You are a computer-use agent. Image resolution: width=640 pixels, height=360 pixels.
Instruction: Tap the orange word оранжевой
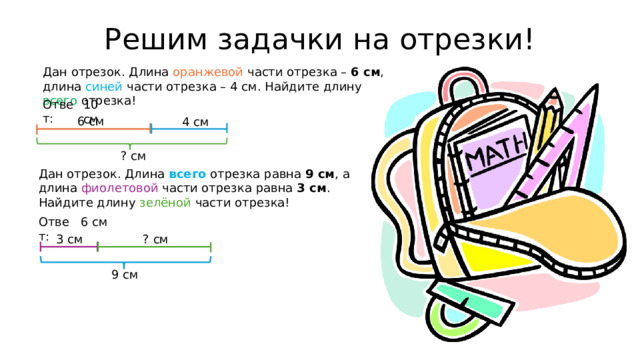207,71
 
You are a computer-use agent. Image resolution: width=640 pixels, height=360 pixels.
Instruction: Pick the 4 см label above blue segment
195,122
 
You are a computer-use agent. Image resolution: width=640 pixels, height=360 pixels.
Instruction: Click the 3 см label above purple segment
70,238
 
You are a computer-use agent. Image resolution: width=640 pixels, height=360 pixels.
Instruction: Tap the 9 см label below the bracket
124,275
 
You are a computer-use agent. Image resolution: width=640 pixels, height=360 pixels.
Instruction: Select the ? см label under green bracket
133,155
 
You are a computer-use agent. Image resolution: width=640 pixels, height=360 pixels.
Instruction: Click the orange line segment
94,129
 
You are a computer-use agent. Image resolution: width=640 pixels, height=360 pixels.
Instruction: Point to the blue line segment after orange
189,129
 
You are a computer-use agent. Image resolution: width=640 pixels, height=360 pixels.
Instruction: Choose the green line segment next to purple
154,246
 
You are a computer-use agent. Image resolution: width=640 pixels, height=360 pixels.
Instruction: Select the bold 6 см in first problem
365,71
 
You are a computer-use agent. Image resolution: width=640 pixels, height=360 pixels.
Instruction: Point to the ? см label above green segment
155,238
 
